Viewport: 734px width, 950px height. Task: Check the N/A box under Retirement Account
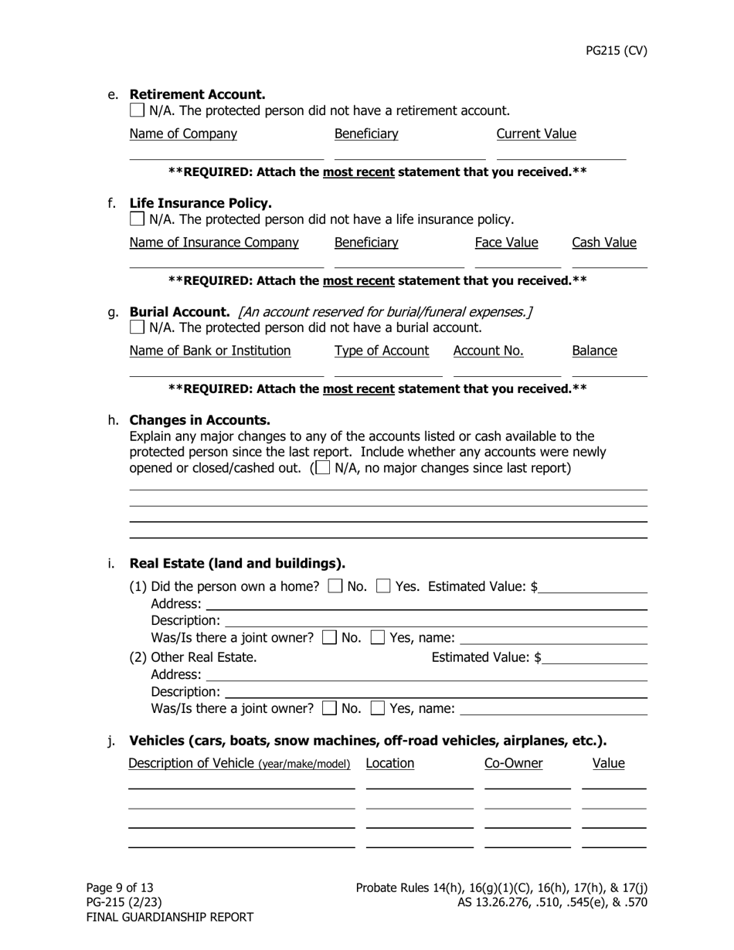[x=137, y=110]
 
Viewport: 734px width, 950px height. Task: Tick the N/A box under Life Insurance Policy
[x=137, y=219]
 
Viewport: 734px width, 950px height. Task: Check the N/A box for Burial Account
[x=137, y=327]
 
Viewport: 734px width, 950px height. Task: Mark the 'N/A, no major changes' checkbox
[x=323, y=468]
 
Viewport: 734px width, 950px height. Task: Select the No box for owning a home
[x=335, y=586]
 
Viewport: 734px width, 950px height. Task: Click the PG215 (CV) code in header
[x=616, y=51]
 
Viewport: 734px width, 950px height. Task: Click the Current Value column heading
[x=535, y=134]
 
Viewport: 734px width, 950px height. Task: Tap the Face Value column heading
[x=506, y=243]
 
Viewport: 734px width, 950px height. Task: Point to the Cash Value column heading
[x=603, y=243]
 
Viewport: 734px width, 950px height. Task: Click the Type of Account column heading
[x=381, y=351]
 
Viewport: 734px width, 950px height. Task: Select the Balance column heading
[x=594, y=351]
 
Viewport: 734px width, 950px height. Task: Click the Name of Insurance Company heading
[x=214, y=243]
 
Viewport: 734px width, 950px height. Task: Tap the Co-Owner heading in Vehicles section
[x=513, y=763]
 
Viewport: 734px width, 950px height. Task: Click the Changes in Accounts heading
[x=199, y=420]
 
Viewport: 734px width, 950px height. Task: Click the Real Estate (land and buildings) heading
[x=237, y=562]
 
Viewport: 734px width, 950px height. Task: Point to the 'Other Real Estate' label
[x=204, y=657]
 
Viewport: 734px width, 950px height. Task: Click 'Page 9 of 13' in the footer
[x=120, y=887]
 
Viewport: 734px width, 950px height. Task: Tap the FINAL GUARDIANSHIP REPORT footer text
[x=169, y=917]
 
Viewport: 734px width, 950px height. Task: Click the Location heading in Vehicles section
[x=389, y=763]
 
